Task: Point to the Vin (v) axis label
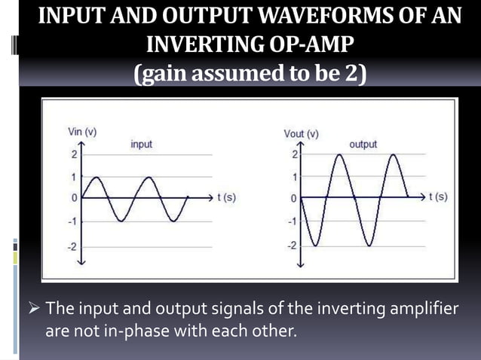tap(78, 131)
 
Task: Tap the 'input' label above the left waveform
tap(142, 143)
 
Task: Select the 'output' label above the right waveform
tap(363, 144)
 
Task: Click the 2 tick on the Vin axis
tap(74, 155)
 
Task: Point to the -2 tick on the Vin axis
tap(72, 246)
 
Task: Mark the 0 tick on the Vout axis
tap(296, 199)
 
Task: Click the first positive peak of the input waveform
tap(96, 178)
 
